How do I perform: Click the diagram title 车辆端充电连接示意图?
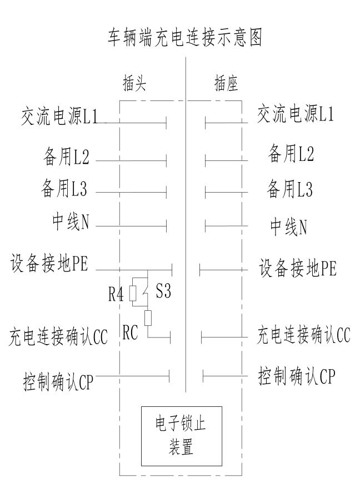click(185, 38)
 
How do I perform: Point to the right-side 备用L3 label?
click(290, 189)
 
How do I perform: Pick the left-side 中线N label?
click(69, 223)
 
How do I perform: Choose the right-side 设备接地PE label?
click(298, 269)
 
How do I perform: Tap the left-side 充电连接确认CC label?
click(58, 336)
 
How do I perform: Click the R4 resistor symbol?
click(133, 293)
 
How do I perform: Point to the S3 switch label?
click(163, 292)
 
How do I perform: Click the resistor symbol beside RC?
click(148, 317)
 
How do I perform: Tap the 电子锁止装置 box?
click(181, 436)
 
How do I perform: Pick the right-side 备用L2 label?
click(291, 153)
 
